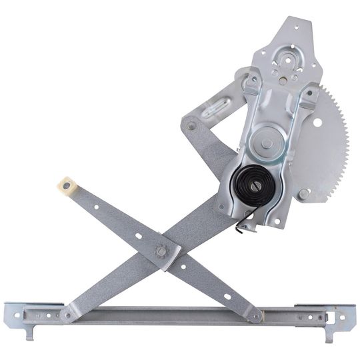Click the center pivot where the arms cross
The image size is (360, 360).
(x=161, y=251)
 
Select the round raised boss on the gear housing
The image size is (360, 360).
(x=267, y=142)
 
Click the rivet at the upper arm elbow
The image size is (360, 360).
(x=192, y=125)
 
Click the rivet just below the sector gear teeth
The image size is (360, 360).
(x=304, y=193)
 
